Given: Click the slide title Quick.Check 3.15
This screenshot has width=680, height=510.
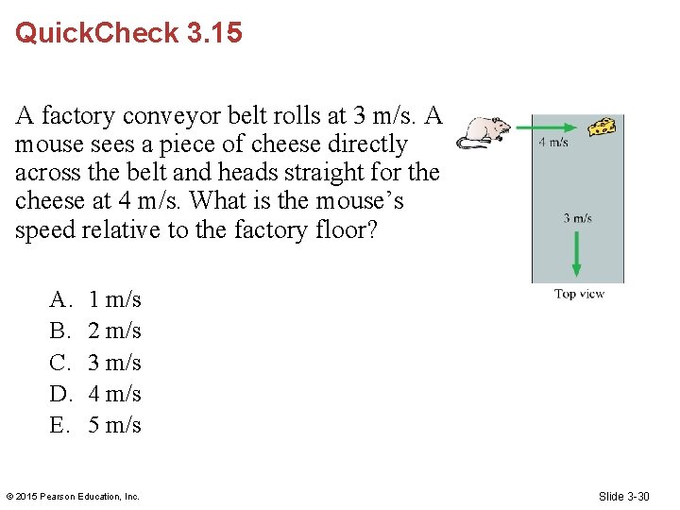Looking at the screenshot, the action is point(128,33).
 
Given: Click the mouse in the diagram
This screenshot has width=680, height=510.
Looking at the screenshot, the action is point(484,131).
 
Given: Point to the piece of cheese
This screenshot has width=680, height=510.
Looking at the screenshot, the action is point(603,127).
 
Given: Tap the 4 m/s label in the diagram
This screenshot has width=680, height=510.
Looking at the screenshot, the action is point(553,144).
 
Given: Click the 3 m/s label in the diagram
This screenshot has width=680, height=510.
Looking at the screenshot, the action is point(577,218).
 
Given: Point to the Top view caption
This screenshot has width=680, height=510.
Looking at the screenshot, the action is point(579,294).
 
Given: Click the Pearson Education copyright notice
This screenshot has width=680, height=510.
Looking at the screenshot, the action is point(73,497).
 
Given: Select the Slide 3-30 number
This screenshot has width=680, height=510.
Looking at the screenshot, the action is point(623,497).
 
